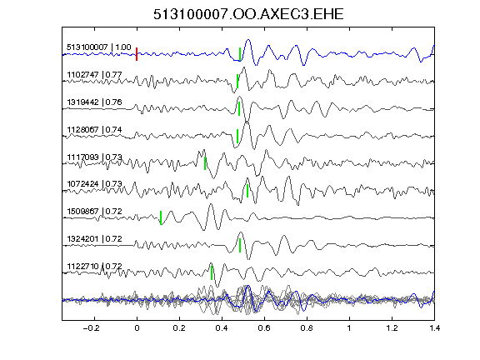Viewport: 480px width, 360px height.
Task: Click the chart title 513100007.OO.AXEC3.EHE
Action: [x=248, y=14]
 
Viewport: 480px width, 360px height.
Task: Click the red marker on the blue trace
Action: [x=137, y=54]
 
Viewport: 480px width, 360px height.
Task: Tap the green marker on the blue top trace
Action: [x=240, y=54]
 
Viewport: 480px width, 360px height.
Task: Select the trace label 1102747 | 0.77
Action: [x=95, y=75]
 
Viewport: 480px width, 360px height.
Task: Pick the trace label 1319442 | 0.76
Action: [x=95, y=102]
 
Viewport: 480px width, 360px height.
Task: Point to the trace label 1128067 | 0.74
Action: [x=95, y=129]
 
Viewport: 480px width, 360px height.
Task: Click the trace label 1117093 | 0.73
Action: [x=95, y=157]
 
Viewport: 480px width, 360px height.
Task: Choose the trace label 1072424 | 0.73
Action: [x=95, y=183]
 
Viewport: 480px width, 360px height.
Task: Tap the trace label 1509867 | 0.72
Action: [x=95, y=211]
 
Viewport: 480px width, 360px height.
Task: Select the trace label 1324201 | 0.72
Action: [x=95, y=238]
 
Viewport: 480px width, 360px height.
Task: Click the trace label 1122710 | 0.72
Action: [x=95, y=266]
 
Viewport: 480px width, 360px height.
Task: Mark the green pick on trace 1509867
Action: [x=161, y=217]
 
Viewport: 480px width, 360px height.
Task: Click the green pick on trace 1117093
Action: [x=205, y=163]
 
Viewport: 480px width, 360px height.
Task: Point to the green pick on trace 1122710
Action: [x=212, y=272]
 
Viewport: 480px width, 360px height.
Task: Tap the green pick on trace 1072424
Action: [x=247, y=190]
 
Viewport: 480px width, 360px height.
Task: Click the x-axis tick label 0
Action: [x=137, y=328]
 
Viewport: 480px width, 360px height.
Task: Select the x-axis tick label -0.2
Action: [x=91, y=328]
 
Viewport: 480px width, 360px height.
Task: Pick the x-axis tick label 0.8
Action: [x=307, y=328]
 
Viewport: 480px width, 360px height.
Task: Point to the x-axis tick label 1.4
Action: [x=434, y=328]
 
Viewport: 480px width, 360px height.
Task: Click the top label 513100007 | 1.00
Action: [x=99, y=47]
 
